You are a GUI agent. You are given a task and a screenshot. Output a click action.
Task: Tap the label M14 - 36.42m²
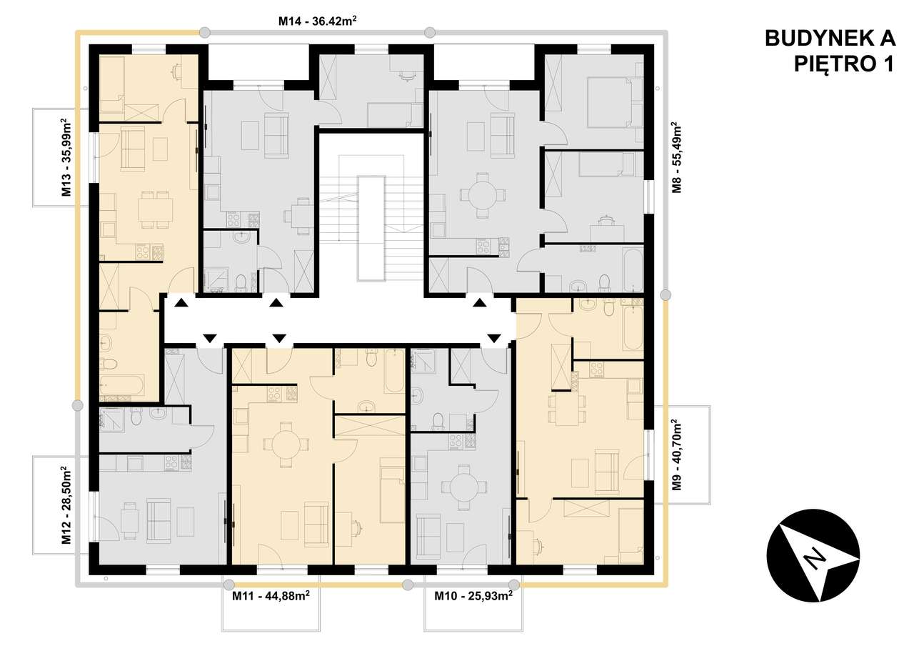(x=318, y=21)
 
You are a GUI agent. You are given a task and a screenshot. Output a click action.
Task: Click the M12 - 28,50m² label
(x=65, y=505)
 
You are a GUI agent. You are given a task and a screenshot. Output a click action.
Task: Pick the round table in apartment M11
(x=286, y=444)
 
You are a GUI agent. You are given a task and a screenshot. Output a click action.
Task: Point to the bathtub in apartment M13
(x=121, y=387)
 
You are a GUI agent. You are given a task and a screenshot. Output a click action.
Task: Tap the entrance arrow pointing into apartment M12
(x=209, y=337)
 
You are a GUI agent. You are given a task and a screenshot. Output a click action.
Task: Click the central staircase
(x=373, y=221)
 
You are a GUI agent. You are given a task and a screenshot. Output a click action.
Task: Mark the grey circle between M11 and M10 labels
(x=407, y=585)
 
